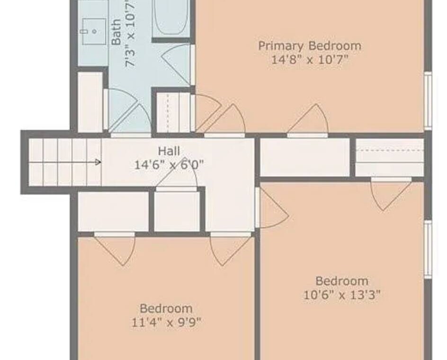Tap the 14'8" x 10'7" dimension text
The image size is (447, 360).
310,60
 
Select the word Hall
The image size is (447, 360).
169,151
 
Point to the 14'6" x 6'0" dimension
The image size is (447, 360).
169,164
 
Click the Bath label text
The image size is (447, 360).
116,32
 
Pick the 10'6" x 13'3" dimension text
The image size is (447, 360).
342,295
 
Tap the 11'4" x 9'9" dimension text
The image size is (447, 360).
166,323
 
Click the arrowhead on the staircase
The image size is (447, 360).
98,162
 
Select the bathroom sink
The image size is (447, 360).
94,31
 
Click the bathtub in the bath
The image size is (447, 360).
171,18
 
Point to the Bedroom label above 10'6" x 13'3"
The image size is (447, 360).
342,281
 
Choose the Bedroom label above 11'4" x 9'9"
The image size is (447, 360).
166,309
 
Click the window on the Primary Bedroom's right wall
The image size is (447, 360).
428,100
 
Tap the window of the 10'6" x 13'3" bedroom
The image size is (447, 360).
428,250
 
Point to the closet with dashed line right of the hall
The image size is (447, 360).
389,158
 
